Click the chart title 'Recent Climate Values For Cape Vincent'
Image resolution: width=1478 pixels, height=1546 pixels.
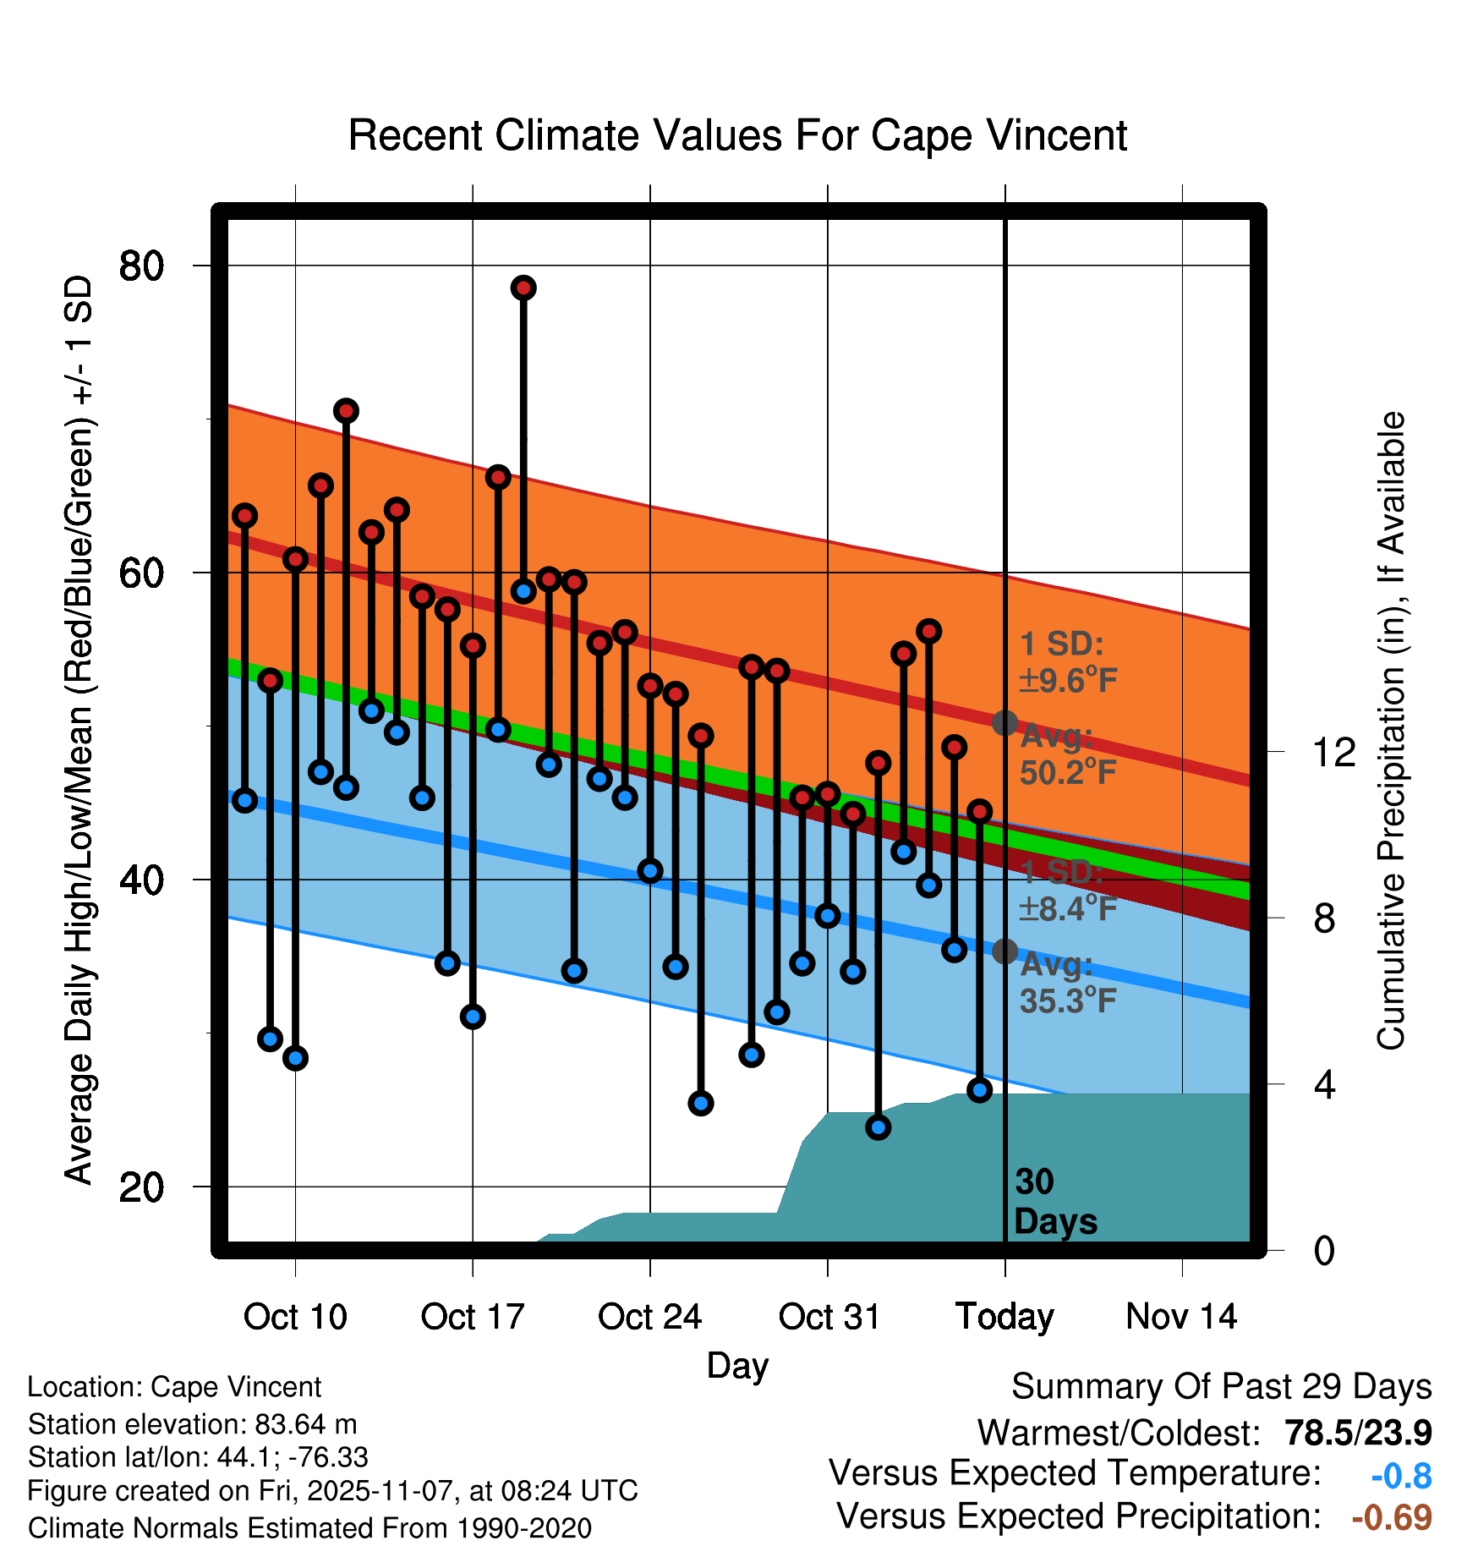[737, 135]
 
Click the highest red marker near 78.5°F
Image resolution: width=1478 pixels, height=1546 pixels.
[523, 288]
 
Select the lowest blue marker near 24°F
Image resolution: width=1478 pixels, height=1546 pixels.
[878, 1127]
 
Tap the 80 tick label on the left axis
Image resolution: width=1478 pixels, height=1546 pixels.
[141, 266]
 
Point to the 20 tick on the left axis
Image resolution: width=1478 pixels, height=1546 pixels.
[141, 1187]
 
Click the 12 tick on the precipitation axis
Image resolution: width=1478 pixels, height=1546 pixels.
[1333, 752]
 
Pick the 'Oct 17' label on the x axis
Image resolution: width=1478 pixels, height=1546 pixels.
[473, 1317]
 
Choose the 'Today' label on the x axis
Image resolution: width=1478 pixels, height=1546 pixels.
[1004, 1317]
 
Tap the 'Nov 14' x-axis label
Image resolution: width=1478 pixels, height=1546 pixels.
[1181, 1317]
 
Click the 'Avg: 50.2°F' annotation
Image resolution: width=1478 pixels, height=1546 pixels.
[1068, 754]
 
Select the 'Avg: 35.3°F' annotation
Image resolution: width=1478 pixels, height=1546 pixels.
[1068, 983]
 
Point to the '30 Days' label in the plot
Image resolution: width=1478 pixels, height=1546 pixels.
[1054, 1202]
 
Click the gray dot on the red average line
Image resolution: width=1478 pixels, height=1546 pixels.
[1004, 723]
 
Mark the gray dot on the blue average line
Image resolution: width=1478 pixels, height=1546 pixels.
[1004, 951]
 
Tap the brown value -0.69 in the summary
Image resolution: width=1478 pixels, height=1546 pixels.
[1392, 1518]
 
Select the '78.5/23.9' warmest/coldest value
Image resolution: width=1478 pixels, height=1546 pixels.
[1358, 1434]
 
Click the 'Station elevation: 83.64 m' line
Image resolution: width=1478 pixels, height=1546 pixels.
[192, 1424]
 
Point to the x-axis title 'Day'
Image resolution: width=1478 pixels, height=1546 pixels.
[737, 1365]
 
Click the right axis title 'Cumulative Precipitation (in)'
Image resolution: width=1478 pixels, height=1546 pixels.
[1391, 732]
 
